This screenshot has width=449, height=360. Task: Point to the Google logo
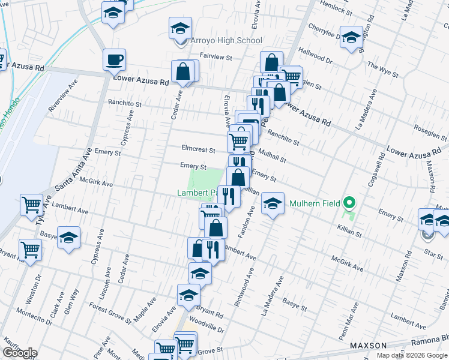[20, 353]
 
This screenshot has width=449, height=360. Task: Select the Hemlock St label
[336, 8]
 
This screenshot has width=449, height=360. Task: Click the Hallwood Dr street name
[315, 57]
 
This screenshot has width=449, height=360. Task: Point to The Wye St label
[383, 70]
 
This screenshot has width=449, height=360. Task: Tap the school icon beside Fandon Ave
[273, 205]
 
